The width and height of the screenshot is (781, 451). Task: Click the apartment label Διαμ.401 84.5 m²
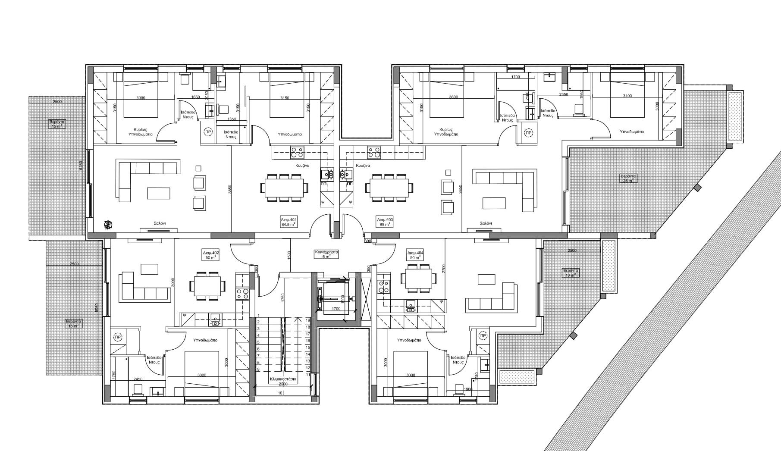(x=289, y=222)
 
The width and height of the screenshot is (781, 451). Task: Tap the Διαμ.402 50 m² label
(x=211, y=255)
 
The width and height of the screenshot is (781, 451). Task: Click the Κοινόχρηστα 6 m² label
(x=326, y=254)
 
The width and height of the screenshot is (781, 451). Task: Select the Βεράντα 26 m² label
(x=628, y=178)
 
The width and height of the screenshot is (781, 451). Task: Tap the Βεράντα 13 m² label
(x=571, y=272)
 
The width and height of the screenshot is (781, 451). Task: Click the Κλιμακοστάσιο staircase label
(x=282, y=380)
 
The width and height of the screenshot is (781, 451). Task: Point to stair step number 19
(x=308, y=320)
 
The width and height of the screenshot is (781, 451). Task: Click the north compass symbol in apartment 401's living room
(x=108, y=224)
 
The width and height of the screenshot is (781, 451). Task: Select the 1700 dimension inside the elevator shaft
(x=336, y=309)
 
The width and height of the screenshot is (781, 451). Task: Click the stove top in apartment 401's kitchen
(x=297, y=152)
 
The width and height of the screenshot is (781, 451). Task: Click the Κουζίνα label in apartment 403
(x=363, y=166)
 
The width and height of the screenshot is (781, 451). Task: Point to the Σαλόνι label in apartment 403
(x=486, y=223)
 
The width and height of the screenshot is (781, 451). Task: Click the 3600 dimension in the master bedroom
(x=453, y=97)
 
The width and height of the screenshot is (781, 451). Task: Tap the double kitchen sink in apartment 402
(x=215, y=319)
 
